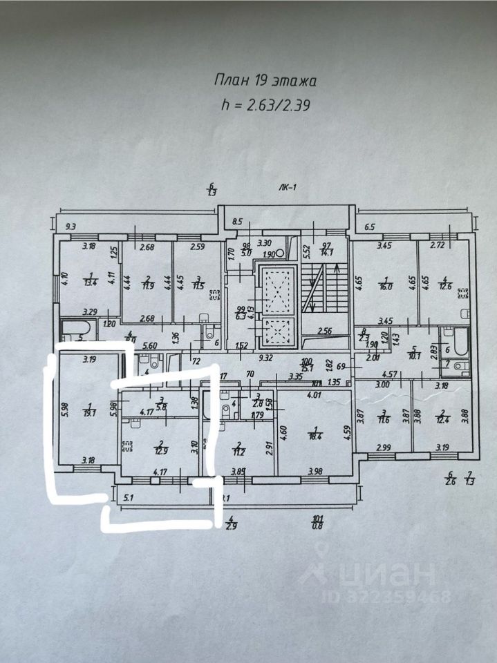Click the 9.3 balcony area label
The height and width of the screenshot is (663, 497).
[71, 225]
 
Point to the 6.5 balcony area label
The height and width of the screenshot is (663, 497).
[369, 226]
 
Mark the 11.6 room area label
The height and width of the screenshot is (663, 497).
[384, 419]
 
